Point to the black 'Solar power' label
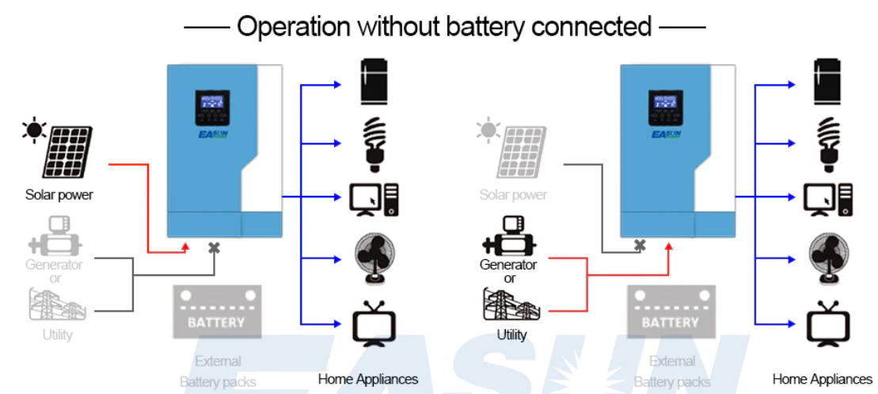tap(59, 194)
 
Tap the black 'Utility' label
tap(511, 335)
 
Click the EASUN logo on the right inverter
tap(666, 134)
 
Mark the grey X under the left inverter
tap(213, 248)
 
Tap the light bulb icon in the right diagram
tap(827, 143)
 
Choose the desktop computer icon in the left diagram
tap(373, 199)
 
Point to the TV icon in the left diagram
tap(373, 324)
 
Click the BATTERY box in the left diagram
tap(216, 312)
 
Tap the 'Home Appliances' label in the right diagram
tap(822, 379)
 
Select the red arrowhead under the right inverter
tap(667, 245)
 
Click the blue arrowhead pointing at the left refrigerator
tap(338, 82)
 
